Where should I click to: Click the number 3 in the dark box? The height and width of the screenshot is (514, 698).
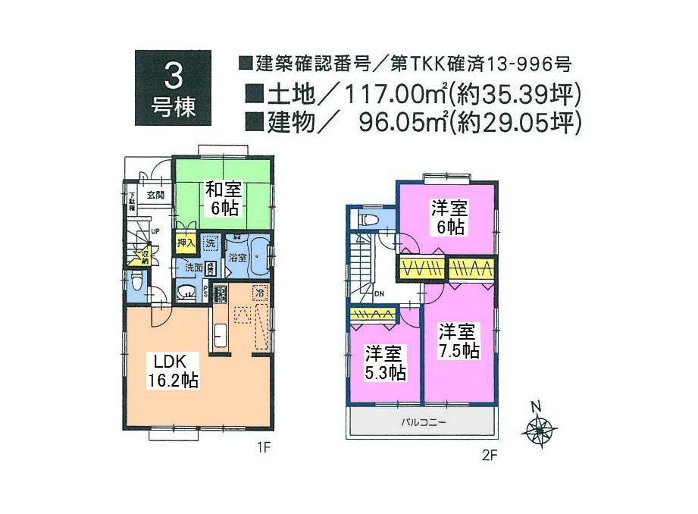pyautogui.click(x=173, y=77)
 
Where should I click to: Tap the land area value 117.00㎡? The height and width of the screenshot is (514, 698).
pyautogui.click(x=396, y=95)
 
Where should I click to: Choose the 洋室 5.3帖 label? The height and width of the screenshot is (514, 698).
pyautogui.click(x=385, y=362)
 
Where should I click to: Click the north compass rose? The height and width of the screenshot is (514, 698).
pyautogui.click(x=539, y=431)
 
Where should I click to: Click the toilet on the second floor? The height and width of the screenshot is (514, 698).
pyautogui.click(x=369, y=219)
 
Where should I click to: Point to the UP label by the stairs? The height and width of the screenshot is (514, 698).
pyautogui.click(x=155, y=230)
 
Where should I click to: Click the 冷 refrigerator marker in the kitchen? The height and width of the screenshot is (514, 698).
pyautogui.click(x=259, y=292)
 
